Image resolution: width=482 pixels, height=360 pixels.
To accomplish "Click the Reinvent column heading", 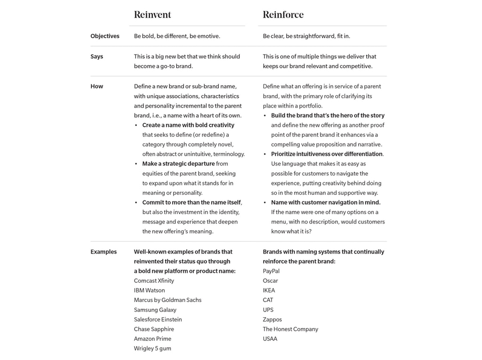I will [x=153, y=15].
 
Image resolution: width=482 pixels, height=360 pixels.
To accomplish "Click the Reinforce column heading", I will [x=283, y=15].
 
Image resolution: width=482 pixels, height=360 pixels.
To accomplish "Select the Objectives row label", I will [x=105, y=36].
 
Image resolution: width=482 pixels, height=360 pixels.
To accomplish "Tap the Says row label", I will [x=97, y=56].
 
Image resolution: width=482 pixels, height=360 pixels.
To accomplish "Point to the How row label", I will [x=97, y=87].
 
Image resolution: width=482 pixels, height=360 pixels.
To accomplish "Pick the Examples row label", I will [x=104, y=252].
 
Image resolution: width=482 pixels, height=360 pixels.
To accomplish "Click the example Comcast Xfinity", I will [x=154, y=281].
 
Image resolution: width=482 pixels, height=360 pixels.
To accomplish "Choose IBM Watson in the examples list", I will [x=149, y=290].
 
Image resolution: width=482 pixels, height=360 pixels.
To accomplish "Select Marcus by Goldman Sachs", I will [x=168, y=300].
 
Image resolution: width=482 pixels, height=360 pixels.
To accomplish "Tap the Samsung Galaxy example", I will [x=155, y=310].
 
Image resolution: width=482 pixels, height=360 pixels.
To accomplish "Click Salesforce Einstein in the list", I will [x=158, y=320].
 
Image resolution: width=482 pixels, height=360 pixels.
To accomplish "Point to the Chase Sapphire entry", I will [x=154, y=329].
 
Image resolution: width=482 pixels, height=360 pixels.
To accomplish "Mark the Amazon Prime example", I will [x=153, y=339].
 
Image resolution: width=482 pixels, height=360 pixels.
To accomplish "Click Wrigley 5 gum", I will [x=153, y=349].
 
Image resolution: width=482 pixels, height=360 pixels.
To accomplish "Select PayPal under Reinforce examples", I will [x=271, y=271].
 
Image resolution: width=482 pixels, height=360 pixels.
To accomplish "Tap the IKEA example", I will [x=269, y=290].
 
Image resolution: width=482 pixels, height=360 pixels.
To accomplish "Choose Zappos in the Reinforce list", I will [x=272, y=320].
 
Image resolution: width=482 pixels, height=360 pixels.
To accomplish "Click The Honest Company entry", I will [x=290, y=329].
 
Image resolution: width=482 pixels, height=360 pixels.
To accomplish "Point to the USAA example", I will [x=270, y=339].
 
